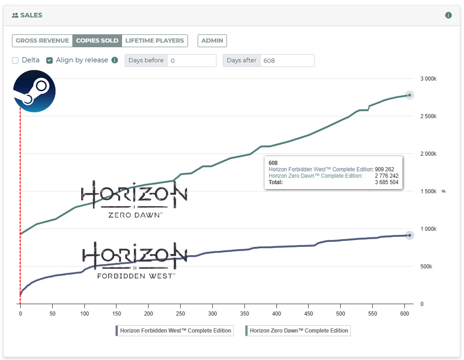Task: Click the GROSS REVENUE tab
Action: click(42, 40)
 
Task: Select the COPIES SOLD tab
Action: click(97, 40)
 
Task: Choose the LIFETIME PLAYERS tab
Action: click(155, 40)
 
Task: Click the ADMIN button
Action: click(212, 40)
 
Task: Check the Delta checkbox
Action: click(15, 60)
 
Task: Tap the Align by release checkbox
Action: click(50, 60)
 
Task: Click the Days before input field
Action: click(191, 60)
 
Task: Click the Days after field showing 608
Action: click(287, 60)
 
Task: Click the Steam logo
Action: click(34, 91)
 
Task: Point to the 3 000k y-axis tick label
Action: click(428, 79)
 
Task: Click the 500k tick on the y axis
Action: click(426, 267)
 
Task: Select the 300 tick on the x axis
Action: click(212, 313)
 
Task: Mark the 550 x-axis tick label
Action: click(372, 313)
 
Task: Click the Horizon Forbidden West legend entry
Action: click(175, 331)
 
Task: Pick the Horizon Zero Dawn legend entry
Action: click(298, 331)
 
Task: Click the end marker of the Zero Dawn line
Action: click(409, 95)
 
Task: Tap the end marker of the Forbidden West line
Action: click(409, 235)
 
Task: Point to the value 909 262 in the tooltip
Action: click(384, 169)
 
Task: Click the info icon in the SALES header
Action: click(448, 15)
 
